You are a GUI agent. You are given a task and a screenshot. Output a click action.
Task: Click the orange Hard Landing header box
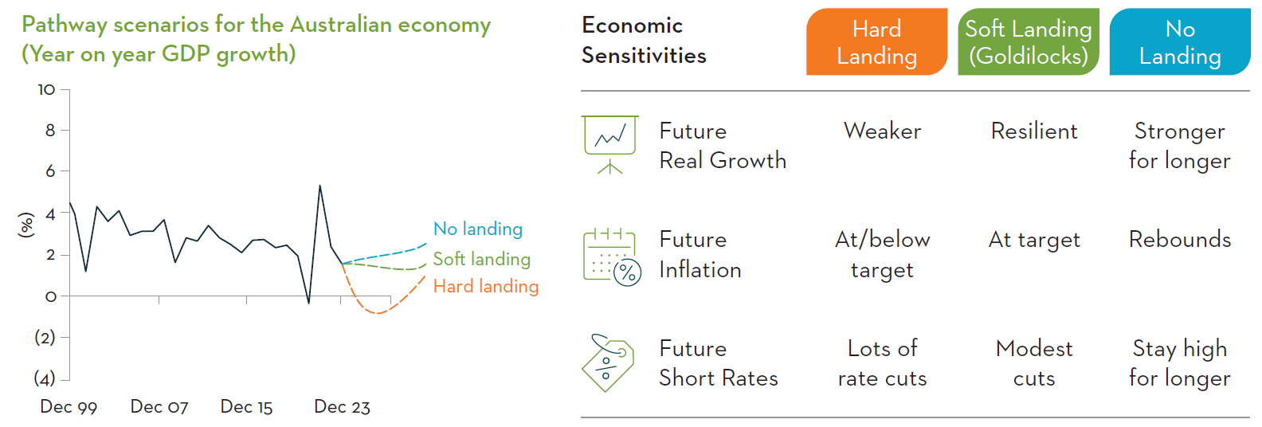point(876,41)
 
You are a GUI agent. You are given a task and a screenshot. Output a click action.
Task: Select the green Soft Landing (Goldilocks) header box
point(1029,41)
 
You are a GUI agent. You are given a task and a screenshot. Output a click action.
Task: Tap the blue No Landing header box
point(1180,41)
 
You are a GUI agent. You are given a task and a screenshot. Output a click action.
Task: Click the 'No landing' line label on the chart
point(478,229)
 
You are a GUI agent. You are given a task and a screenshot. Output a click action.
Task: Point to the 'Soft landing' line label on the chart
point(482,259)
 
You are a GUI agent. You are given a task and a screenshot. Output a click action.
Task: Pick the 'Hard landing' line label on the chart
point(486,286)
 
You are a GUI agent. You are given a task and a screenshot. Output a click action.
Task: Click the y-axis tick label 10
point(46,89)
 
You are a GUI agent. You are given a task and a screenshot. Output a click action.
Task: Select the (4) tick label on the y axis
point(45,378)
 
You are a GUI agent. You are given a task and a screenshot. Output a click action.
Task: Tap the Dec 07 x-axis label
point(159,407)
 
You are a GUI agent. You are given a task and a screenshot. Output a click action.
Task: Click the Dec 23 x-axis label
point(342,407)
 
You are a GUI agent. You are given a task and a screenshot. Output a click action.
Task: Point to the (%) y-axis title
point(26,225)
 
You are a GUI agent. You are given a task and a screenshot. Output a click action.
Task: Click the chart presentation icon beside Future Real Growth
point(610,145)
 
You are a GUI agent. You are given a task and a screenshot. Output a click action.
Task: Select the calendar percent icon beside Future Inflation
point(612,257)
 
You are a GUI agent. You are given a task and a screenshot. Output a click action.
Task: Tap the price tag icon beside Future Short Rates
point(608,362)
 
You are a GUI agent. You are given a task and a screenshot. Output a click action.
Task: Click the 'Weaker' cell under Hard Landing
point(882,131)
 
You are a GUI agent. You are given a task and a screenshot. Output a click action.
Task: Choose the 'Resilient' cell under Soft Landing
point(1034,131)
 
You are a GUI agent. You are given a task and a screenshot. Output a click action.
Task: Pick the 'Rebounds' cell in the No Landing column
point(1180,240)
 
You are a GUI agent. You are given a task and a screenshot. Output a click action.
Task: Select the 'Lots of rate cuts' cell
point(882,363)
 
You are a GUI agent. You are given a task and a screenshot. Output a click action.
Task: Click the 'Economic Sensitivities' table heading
point(644,41)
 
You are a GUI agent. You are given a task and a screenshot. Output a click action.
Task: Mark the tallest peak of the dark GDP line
point(320,186)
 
